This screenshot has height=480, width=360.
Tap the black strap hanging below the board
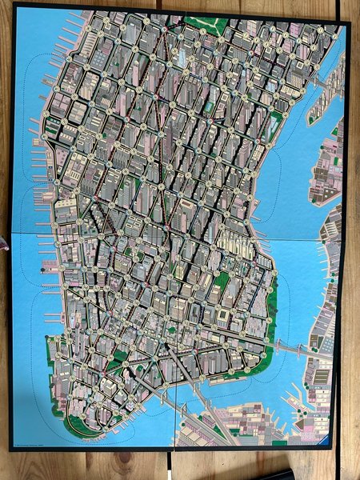coord(170,465)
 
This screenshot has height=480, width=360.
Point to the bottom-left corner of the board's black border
coord(12,449)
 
